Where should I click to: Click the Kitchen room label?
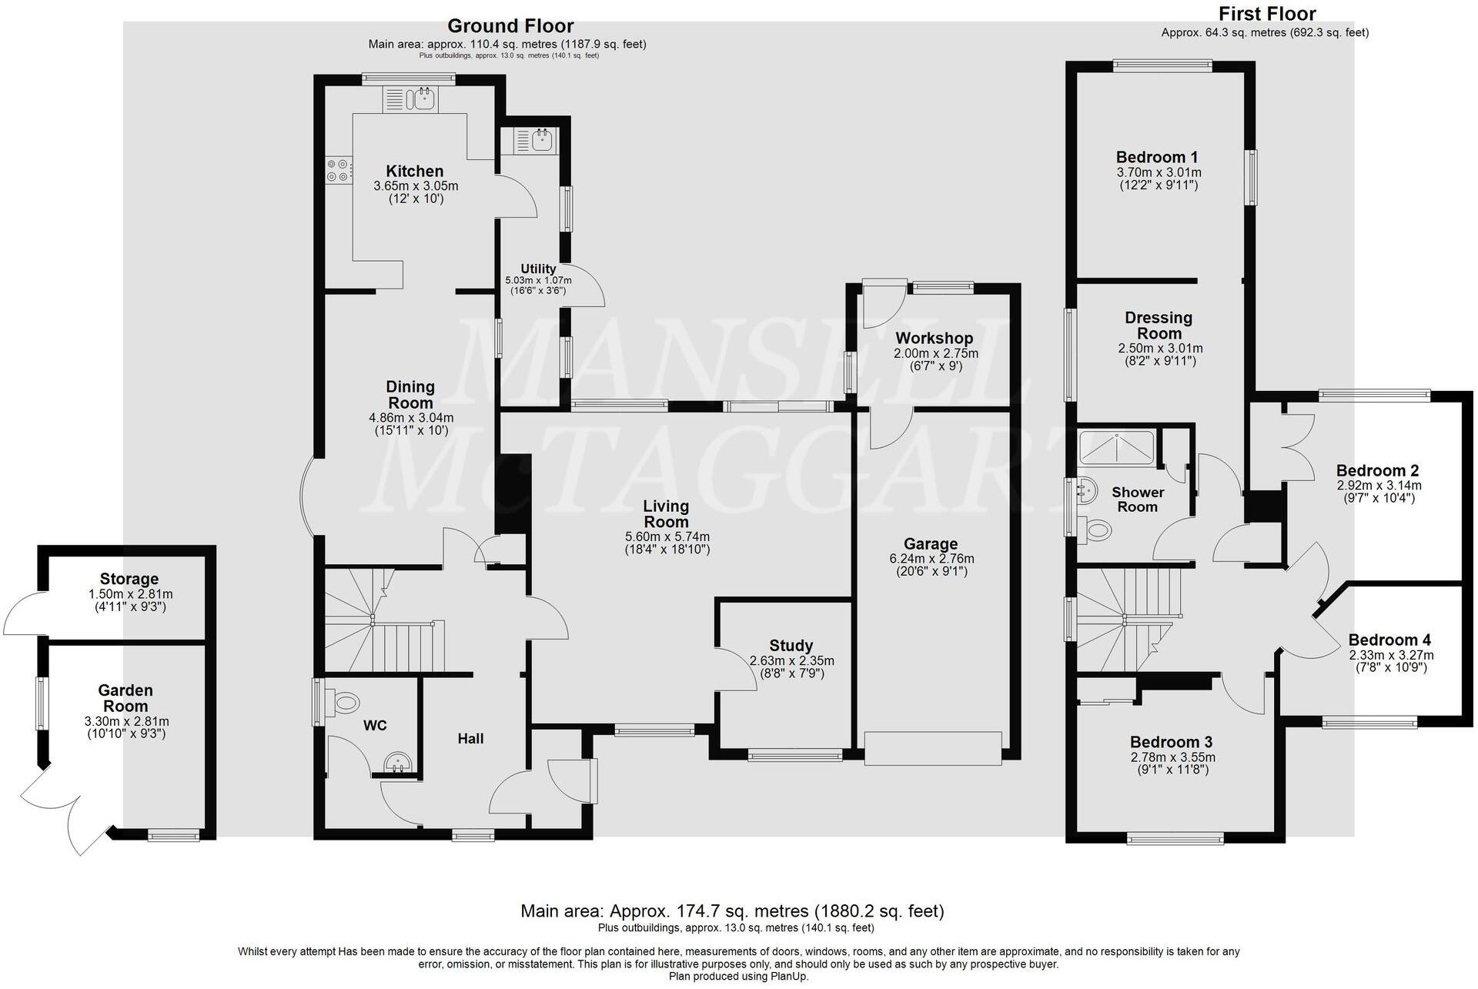[414, 171]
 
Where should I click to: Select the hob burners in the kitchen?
[337, 170]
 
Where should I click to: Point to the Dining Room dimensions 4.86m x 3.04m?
[410, 418]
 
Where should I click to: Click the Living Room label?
[666, 513]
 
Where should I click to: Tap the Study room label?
[791, 646]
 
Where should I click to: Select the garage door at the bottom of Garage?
[933, 749]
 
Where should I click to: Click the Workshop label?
[934, 338]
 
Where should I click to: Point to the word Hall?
[470, 738]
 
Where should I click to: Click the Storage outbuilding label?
[129, 579]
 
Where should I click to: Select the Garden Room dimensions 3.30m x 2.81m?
[126, 721]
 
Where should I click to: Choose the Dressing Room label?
[1159, 326]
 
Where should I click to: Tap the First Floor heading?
[1267, 13]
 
